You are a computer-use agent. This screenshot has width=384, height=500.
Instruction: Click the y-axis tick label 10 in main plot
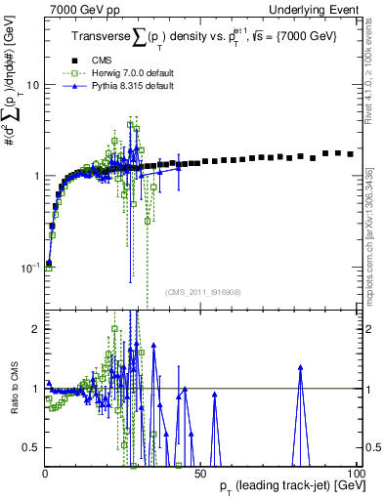pos(33,85)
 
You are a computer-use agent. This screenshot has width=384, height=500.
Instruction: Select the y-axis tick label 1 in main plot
pos(37,176)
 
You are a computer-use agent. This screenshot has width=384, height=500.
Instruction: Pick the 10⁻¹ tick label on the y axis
pos(30,267)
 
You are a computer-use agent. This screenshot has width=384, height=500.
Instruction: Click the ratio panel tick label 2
pos(37,329)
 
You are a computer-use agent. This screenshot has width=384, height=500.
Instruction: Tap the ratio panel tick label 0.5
pos(32,447)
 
